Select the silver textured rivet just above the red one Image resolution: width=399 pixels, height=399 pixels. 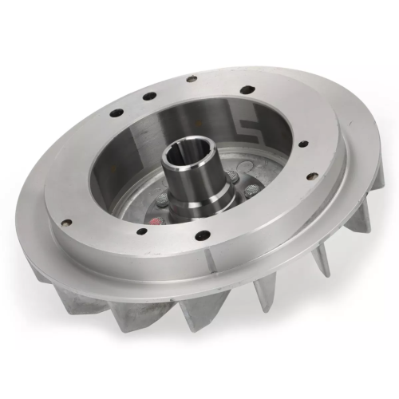coord(155,200)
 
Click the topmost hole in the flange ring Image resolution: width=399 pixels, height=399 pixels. coord(192,79)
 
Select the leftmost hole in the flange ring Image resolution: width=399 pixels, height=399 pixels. coord(66,223)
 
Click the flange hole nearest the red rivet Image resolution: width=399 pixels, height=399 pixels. coord(141,232)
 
